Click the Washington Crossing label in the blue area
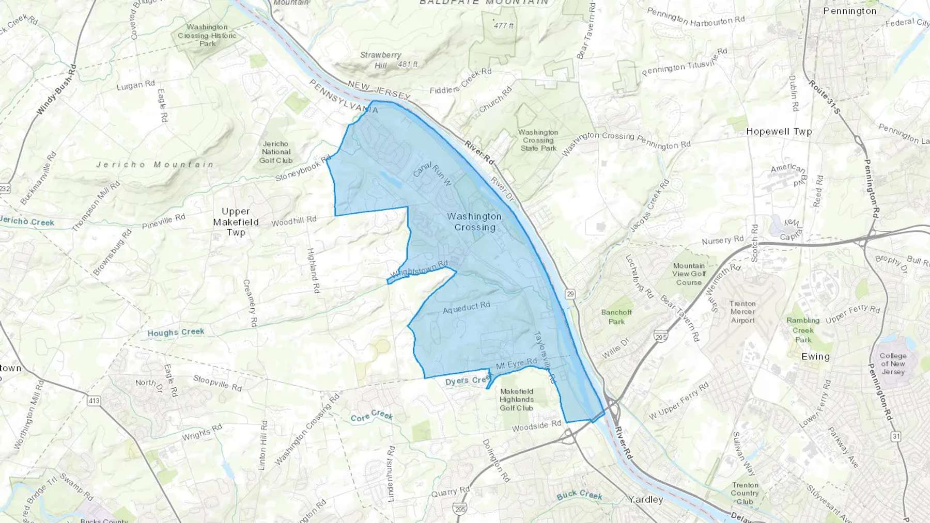click(x=474, y=222)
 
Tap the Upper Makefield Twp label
click(x=236, y=222)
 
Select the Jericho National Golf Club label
click(x=276, y=152)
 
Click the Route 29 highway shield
click(x=570, y=294)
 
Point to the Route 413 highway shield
click(x=94, y=401)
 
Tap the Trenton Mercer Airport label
click(x=742, y=312)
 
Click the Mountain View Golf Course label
click(x=689, y=274)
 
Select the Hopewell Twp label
click(x=779, y=132)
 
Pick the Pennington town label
click(x=849, y=11)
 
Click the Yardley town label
click(x=645, y=499)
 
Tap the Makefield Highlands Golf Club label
click(x=516, y=400)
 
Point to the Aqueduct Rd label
click(x=467, y=308)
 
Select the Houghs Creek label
click(x=176, y=332)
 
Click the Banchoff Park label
click(x=616, y=316)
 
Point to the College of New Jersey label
click(x=893, y=363)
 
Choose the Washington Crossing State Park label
click(x=538, y=140)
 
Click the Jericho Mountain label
click(x=155, y=165)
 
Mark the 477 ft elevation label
click(x=503, y=25)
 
